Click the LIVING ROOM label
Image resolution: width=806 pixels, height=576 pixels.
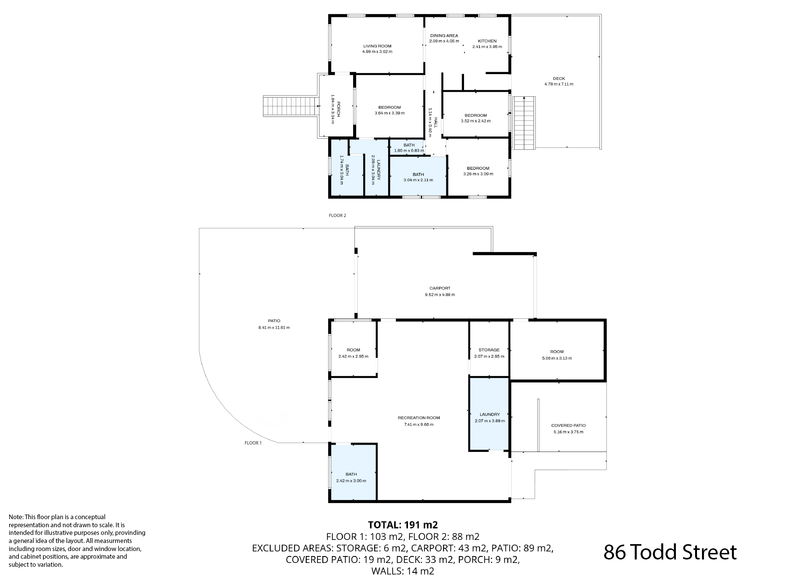tap(377, 46)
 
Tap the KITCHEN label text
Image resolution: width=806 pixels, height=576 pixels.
tap(487, 41)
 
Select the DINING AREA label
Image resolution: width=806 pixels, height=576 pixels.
tap(444, 36)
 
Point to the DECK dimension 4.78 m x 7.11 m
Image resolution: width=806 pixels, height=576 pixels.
tap(559, 84)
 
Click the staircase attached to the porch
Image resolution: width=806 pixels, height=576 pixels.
tap(290, 106)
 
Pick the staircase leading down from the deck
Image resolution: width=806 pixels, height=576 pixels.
tap(524, 123)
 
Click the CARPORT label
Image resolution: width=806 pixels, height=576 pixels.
tap(440, 288)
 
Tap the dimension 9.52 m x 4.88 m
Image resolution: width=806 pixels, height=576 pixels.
tap(440, 295)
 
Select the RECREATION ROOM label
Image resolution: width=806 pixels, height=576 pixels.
tap(419, 418)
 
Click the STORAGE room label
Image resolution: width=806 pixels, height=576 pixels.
tap(489, 350)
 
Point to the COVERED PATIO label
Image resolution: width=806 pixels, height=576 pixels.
tap(568, 425)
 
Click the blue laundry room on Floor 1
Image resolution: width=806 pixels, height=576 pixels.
tap(489, 414)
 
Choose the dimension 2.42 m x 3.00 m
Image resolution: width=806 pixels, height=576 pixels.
tap(351, 481)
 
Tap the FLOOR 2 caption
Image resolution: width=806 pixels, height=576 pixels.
tap(337, 215)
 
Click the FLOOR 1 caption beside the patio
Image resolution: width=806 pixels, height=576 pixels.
tap(253, 443)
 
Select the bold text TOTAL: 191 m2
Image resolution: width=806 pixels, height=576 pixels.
tap(403, 525)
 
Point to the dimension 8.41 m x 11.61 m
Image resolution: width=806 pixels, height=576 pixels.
tap(274, 328)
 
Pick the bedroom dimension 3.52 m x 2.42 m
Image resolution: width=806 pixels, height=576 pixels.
tap(476, 121)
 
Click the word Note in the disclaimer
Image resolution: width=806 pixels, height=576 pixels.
tap(16, 517)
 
